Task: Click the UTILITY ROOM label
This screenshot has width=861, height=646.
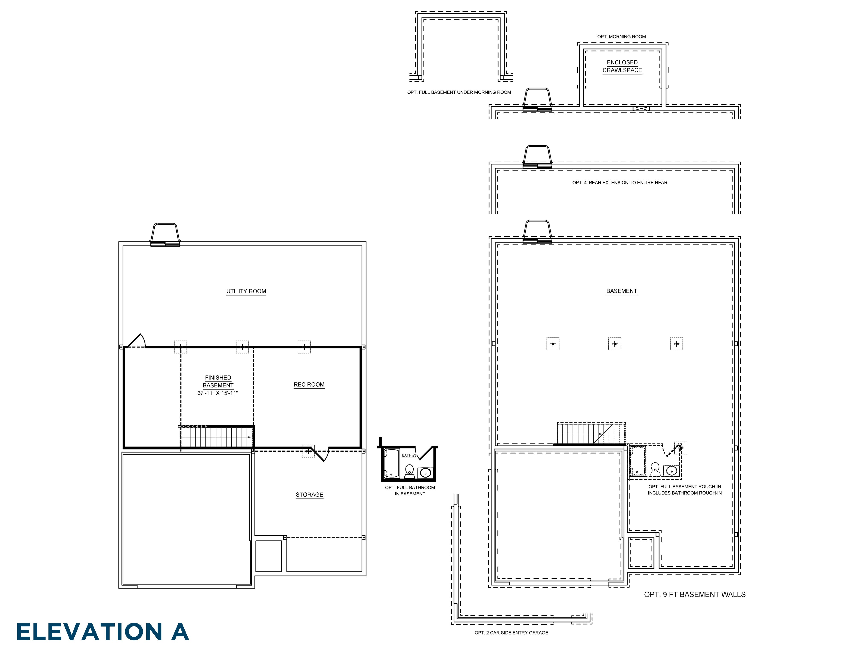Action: [246, 291]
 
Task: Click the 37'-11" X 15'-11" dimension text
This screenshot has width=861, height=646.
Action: [218, 393]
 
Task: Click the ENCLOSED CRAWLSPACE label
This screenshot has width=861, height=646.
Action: [622, 66]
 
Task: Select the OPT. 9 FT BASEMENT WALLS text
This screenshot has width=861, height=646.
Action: [695, 595]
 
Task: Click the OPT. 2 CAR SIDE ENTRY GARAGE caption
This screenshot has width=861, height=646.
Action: [511, 633]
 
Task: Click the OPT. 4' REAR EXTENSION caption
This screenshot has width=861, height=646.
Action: [620, 183]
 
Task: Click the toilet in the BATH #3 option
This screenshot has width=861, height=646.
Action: [409, 471]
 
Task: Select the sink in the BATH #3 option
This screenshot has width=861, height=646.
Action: [425, 473]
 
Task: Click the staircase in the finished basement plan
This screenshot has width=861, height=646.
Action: [216, 437]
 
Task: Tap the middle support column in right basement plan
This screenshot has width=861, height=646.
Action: [615, 344]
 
